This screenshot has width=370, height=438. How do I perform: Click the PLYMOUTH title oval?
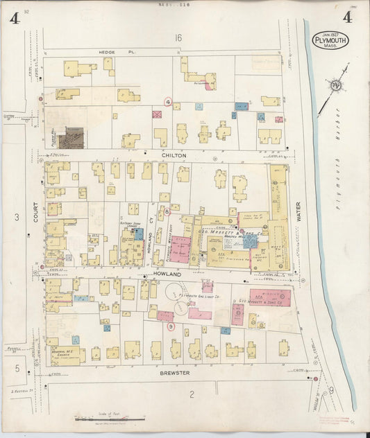point(331,40)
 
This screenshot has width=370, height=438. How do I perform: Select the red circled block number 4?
point(167,101)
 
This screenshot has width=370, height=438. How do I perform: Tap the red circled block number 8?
point(167,211)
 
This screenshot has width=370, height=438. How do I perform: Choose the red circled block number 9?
point(171,326)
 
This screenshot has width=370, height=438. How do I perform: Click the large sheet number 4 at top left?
point(14,17)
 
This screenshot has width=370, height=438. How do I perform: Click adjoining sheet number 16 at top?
point(178,37)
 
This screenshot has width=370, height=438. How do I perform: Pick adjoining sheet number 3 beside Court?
point(16,218)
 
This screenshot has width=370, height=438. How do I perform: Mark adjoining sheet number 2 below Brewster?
point(190,394)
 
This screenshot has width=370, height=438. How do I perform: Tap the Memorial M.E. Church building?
point(66,353)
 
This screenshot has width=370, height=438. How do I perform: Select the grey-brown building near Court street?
point(70,137)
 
